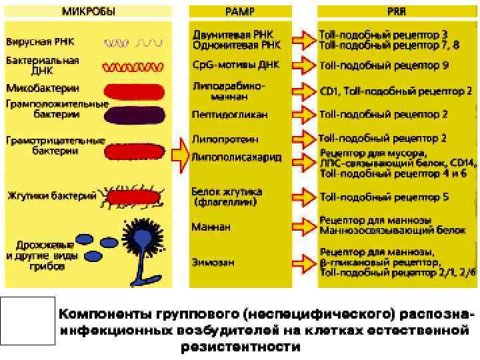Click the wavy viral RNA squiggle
tap(133, 42)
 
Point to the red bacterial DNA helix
tap(133, 67)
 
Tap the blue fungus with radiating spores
tap(142, 237)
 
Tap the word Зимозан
tap(213, 262)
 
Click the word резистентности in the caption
tap(240, 347)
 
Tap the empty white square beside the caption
tap(27, 321)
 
